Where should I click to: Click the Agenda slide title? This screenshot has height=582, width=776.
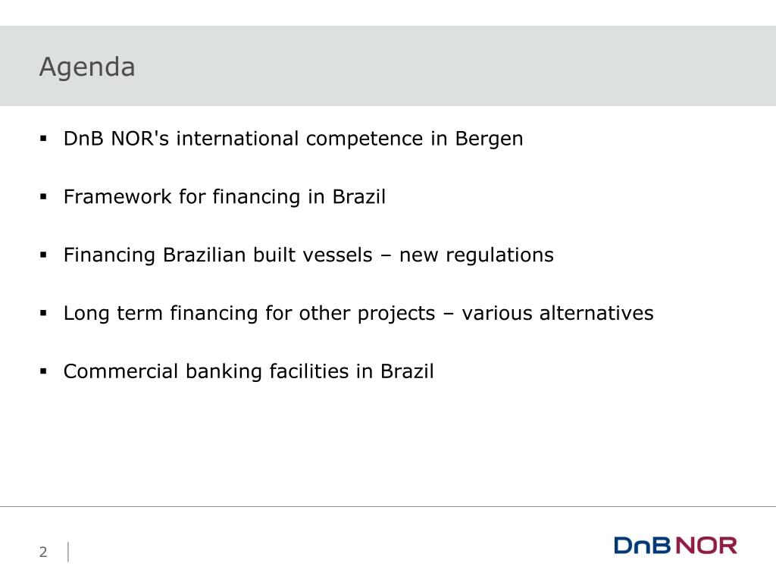point(87,67)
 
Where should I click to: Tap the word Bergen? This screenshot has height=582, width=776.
point(489,139)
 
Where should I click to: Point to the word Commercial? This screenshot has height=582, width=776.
point(120,371)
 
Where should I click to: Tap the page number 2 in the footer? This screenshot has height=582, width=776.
point(43,552)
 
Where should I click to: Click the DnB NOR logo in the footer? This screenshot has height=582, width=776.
point(675,546)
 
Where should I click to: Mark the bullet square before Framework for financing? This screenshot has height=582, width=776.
point(43,197)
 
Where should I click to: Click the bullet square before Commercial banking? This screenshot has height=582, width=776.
point(43,371)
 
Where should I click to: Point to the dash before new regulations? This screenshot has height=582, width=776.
point(386,256)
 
